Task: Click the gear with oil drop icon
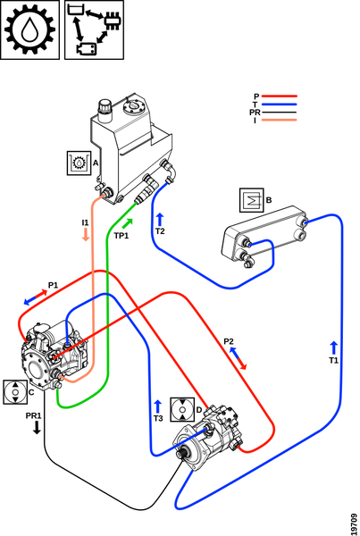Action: [x=29, y=29]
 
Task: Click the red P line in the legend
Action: [x=279, y=96]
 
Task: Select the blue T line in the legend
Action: [x=279, y=105]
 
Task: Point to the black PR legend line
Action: [x=279, y=113]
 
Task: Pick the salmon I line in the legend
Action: [x=279, y=120]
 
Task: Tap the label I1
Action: [x=85, y=222]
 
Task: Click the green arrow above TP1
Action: [x=127, y=224]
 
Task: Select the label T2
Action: [x=160, y=231]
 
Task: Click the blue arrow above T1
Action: [x=334, y=348]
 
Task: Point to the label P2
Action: [x=229, y=341]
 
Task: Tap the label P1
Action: [x=53, y=285]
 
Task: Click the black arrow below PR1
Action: [x=37, y=427]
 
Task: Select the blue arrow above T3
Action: [x=157, y=406]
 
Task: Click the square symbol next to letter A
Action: [x=79, y=163]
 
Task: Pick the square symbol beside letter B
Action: [x=252, y=200]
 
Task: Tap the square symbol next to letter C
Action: [x=15, y=392]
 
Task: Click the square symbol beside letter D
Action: [x=182, y=409]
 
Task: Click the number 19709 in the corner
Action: [x=354, y=523]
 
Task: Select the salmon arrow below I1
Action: [x=86, y=234]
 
